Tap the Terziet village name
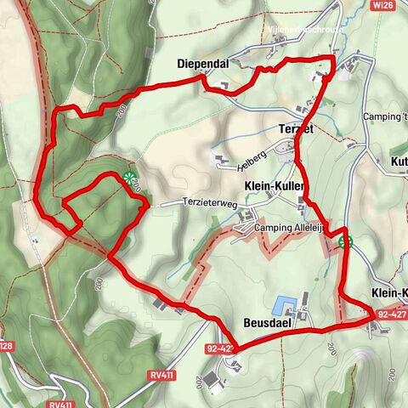(x=295, y=128)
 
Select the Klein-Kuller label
(x=274, y=185)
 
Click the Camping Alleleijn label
(x=290, y=228)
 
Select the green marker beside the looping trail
(x=129, y=178)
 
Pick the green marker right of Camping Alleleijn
(x=345, y=242)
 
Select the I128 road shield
(x=6, y=346)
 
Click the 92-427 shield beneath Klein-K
(x=392, y=314)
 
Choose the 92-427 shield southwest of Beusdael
(x=219, y=348)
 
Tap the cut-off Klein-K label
(x=389, y=293)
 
